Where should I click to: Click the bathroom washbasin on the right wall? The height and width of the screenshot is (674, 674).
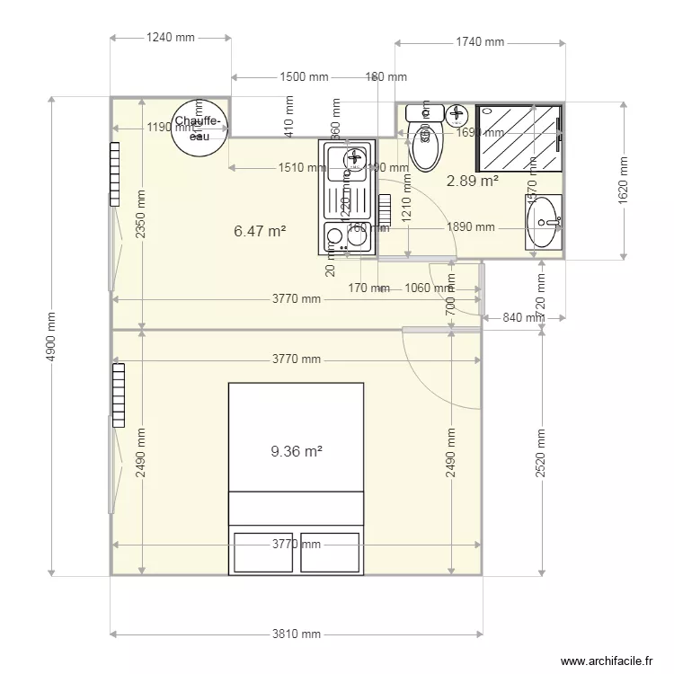544,219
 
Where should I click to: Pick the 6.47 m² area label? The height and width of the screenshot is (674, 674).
260,231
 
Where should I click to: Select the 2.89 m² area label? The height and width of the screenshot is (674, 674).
473,181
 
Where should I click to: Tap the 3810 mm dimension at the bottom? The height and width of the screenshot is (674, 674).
296,634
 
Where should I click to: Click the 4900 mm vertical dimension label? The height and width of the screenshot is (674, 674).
52,337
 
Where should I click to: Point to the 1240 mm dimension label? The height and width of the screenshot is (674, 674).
170,38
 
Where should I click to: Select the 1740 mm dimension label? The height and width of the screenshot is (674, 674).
480,42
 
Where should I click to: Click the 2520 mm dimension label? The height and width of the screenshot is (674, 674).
541,455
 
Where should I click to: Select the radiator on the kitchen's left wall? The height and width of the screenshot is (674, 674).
114,173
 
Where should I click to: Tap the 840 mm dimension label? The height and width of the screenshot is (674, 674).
523,317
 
